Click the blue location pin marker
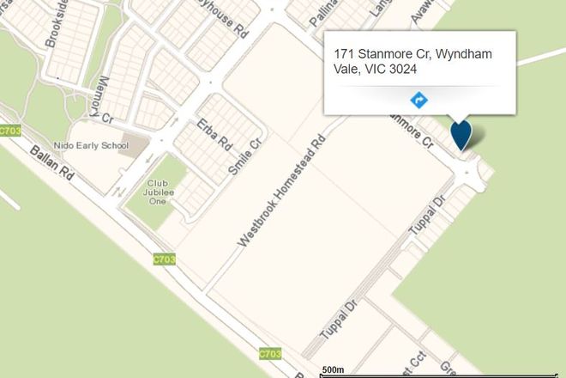click(461, 135)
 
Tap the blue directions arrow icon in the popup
click(420, 100)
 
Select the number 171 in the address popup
click(346, 54)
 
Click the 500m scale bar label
click(333, 369)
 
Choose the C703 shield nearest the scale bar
click(269, 354)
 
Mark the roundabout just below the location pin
click(470, 175)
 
